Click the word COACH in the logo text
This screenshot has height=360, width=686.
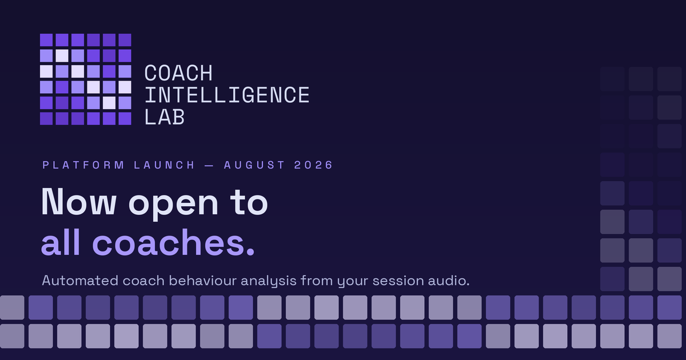coord(178,73)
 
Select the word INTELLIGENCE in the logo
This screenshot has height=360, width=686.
coord(227,95)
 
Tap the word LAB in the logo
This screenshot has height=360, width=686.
coord(165,117)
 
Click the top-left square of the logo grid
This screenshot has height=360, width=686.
coord(46,40)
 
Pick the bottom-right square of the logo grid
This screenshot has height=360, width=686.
coord(125,118)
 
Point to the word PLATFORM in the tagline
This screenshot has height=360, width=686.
coord(83,165)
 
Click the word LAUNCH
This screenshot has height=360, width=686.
coord(164,165)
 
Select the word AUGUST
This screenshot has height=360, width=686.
coord(254,165)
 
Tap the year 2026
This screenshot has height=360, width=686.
coord(313,165)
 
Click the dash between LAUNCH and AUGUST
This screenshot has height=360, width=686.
coord(209,165)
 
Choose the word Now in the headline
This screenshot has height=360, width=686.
coord(79,202)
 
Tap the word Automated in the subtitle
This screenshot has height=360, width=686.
coord(80,281)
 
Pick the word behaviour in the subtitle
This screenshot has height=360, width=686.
coord(203,281)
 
